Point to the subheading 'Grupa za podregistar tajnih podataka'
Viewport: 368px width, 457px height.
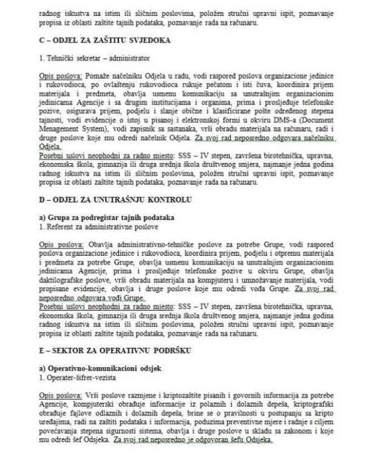[105, 216]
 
